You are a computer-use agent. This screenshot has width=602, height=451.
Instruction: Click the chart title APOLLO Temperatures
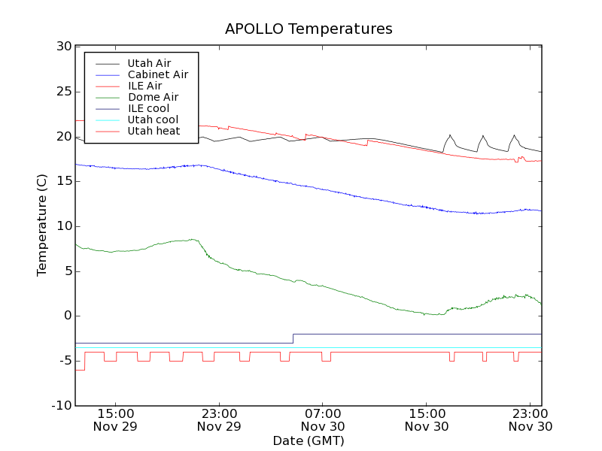point(309,29)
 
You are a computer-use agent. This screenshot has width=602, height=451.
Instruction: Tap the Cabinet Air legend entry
point(157,74)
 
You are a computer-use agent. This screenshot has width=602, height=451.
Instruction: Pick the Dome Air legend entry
point(153,97)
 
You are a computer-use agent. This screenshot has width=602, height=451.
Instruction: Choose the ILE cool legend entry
point(148,108)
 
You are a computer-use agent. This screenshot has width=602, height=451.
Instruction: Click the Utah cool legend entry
point(153,120)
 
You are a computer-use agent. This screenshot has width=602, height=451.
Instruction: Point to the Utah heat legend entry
point(154,131)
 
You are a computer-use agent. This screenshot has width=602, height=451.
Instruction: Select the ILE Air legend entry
point(144,86)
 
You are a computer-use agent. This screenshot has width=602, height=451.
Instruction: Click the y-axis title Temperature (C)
point(43,225)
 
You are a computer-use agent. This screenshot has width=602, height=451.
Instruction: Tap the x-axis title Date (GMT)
point(309,440)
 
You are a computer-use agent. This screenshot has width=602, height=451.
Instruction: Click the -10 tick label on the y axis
point(60,406)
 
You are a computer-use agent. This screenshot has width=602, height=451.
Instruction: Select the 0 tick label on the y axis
point(67,316)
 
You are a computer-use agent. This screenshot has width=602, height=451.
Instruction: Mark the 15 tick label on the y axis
point(63,181)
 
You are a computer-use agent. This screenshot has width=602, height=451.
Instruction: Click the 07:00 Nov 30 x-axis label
point(323,419)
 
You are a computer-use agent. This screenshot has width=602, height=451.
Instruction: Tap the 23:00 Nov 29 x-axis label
point(219,419)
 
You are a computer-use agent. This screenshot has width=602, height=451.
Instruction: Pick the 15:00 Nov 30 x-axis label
point(427,419)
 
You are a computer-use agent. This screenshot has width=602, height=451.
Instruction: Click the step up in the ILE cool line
point(293,338)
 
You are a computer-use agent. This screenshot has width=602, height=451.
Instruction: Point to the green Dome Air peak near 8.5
point(193,239)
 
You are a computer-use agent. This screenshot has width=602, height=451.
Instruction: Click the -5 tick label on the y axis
point(64,361)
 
